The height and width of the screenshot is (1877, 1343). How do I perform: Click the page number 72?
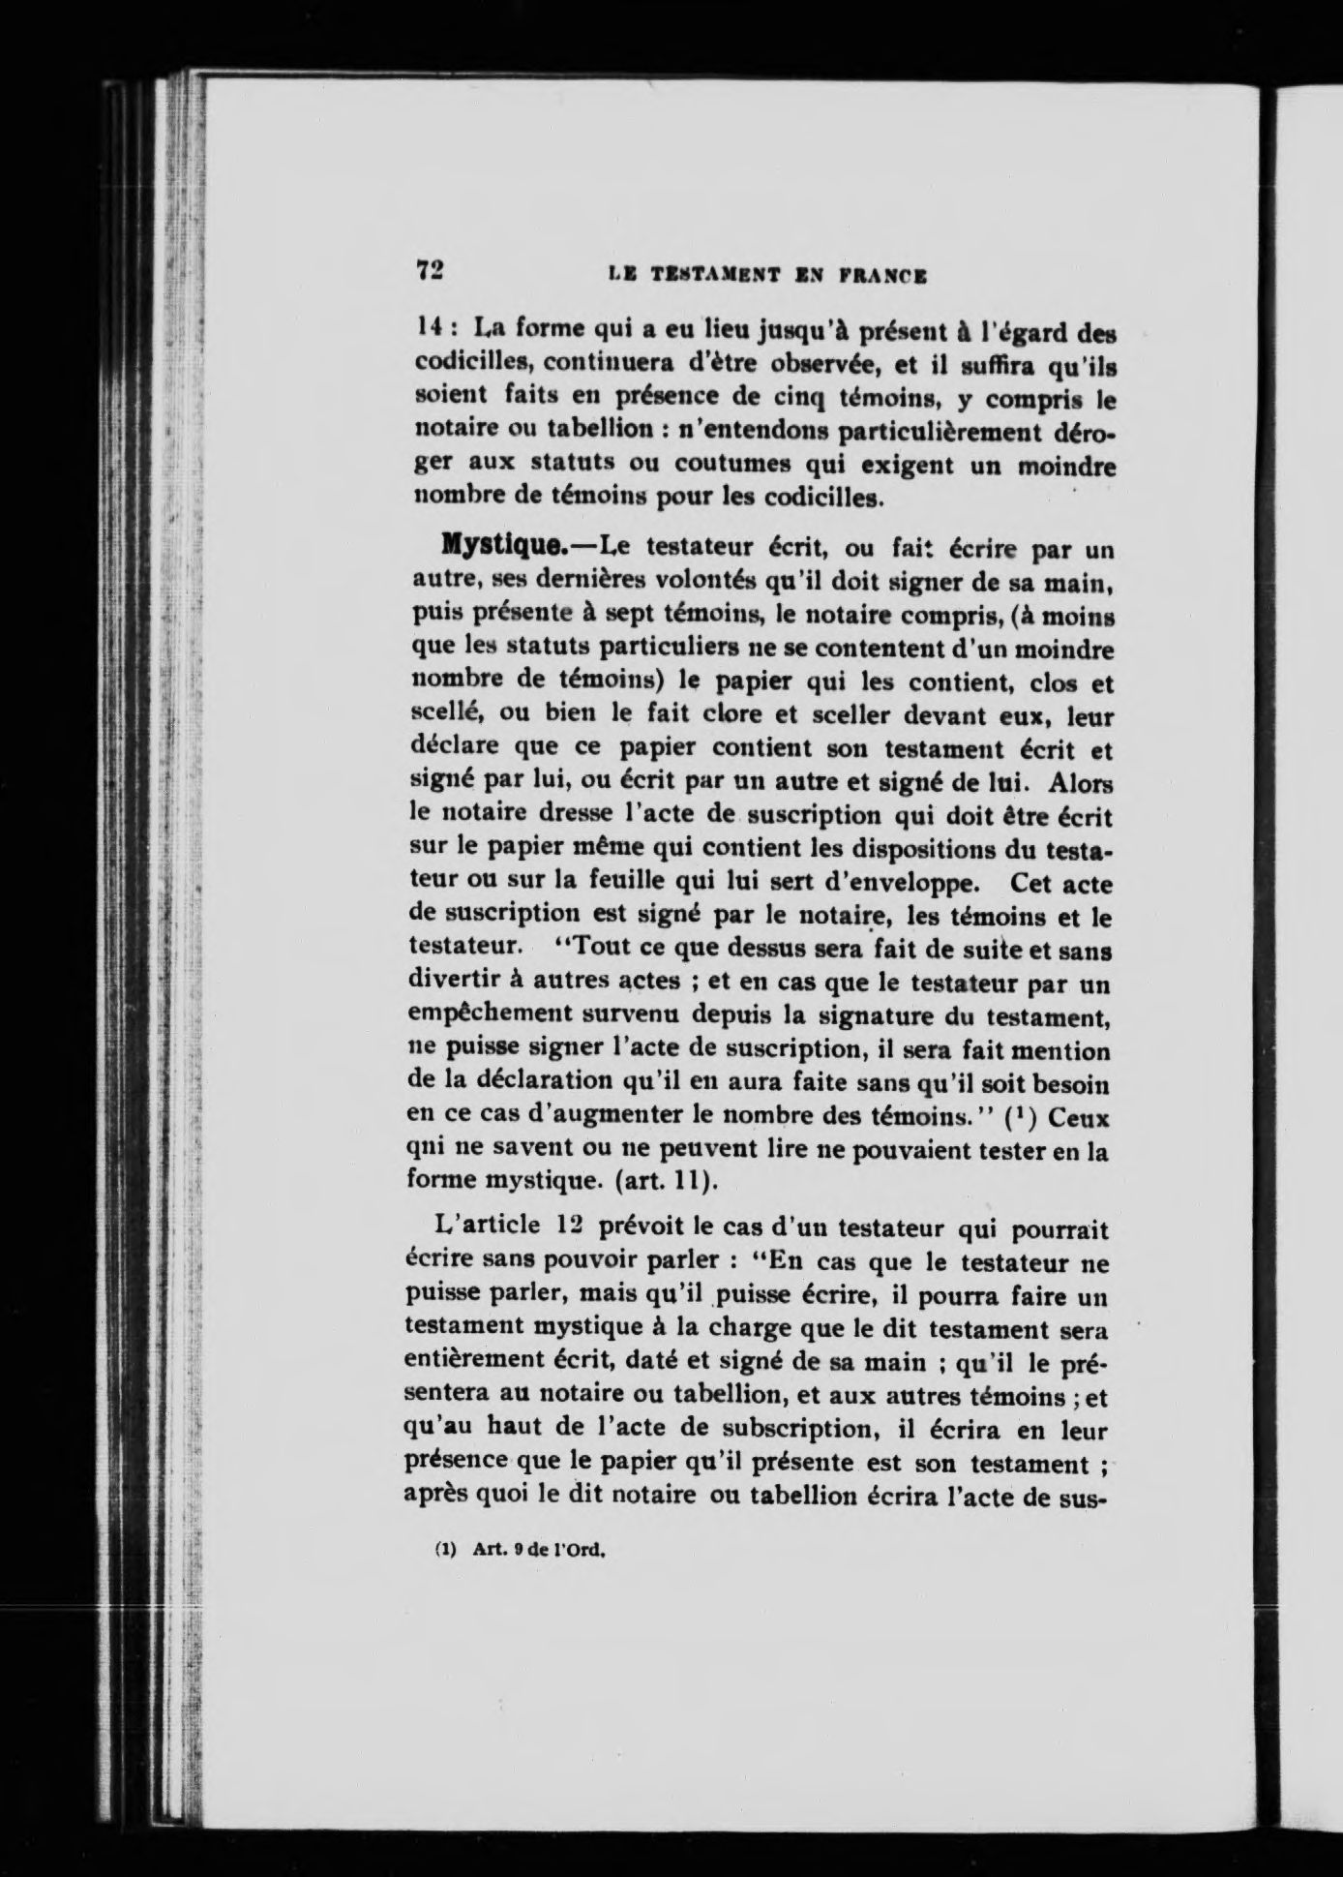[430, 271]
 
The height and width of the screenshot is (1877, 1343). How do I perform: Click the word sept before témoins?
[601, 617]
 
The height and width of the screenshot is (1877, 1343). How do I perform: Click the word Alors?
[1079, 782]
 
